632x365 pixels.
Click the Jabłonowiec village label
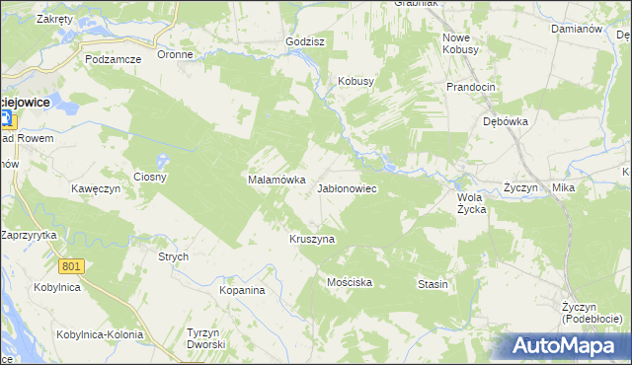click(x=347, y=187)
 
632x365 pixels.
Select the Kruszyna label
click(x=312, y=239)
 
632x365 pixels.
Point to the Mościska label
click(x=350, y=282)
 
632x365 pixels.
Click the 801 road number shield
click(x=71, y=266)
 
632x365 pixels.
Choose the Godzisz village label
click(x=305, y=42)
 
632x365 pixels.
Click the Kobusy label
click(x=356, y=82)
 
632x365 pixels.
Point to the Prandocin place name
click(x=470, y=87)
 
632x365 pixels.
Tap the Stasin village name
click(x=433, y=284)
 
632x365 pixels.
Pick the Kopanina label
click(x=243, y=291)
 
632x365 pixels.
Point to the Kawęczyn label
click(x=95, y=188)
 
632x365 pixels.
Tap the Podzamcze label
click(x=114, y=59)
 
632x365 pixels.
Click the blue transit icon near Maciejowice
click(x=5, y=119)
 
